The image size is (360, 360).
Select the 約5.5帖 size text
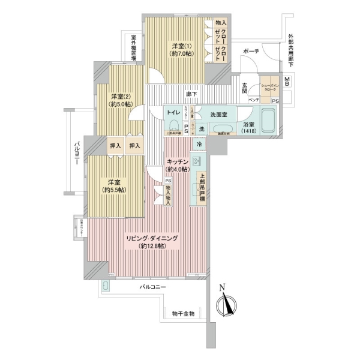tap(113, 190)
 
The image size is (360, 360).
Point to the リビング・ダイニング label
tap(152, 238)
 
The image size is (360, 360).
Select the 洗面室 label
tap(218, 114)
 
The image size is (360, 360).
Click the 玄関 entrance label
tap(245, 87)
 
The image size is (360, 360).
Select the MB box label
tap(287, 82)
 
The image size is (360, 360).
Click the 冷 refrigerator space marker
tap(198, 145)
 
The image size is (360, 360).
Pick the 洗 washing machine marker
tap(202, 129)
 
